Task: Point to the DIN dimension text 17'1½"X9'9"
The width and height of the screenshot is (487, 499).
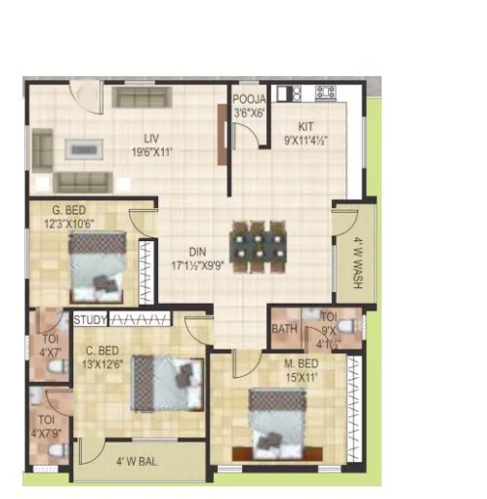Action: pos(196,265)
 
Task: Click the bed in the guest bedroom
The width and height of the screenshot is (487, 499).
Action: pos(97,268)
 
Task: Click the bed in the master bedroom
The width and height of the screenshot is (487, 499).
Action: pos(283,422)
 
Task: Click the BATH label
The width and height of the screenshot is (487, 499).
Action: pos(284,329)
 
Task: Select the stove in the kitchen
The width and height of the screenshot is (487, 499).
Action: pos(325,93)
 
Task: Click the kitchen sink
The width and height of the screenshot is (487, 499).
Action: pos(289,93)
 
